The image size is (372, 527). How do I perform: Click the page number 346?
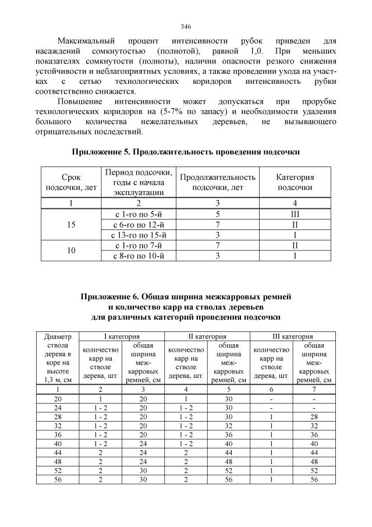186,27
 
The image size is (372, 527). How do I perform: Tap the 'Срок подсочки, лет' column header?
71,182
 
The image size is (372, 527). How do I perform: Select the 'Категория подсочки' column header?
295,182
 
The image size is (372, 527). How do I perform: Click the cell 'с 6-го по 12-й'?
139,225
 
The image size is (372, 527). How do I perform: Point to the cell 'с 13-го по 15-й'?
139,235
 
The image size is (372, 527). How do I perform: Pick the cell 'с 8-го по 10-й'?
139,256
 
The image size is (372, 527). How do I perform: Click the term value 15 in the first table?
71,225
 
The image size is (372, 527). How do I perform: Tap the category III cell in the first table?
295,214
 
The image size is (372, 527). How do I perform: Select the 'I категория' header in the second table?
121,336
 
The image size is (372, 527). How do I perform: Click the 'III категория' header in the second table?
293,336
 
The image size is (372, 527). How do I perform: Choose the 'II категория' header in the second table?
207,336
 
